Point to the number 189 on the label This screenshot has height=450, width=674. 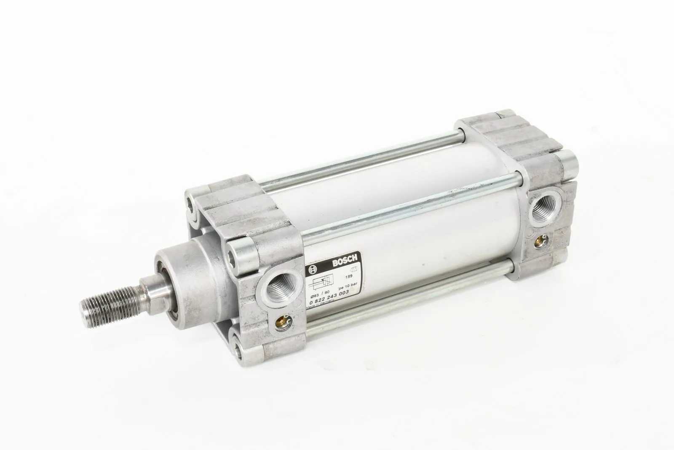[x=348, y=277]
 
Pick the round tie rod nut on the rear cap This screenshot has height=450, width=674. [x=567, y=163]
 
